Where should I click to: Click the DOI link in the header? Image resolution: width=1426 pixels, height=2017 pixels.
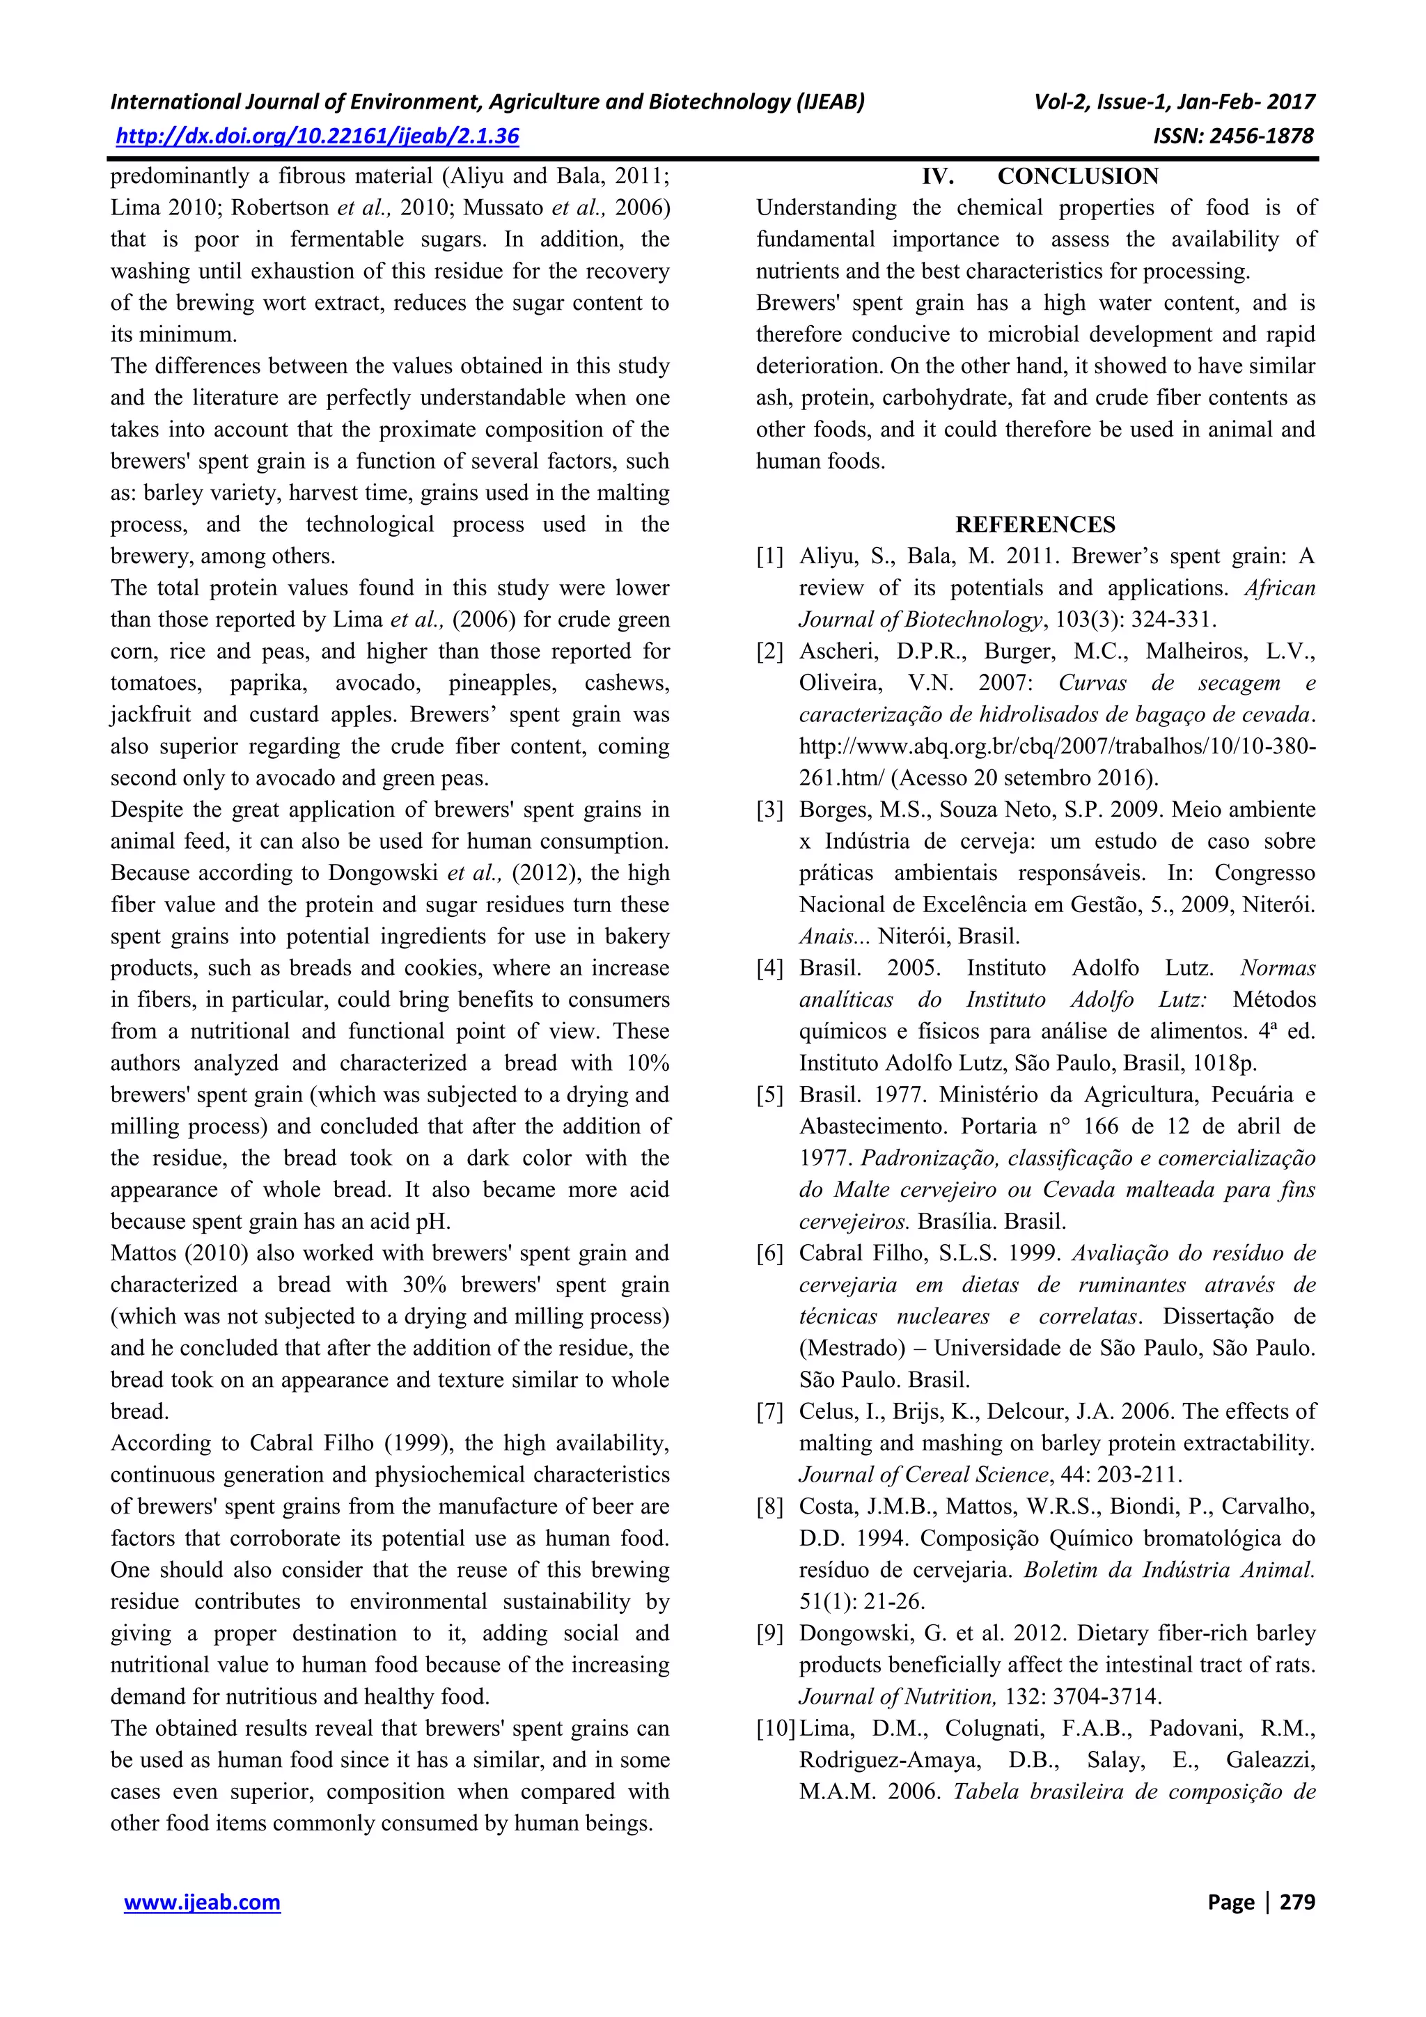click(x=318, y=136)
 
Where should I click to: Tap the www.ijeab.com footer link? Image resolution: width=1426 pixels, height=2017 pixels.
click(x=202, y=1902)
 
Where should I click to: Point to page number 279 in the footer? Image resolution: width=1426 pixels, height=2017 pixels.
click(x=1297, y=1902)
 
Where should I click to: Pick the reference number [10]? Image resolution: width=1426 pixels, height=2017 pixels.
click(x=775, y=1728)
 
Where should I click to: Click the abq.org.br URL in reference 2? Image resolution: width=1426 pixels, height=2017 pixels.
click(x=1057, y=746)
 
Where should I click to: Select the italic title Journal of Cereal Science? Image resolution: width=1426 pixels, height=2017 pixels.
click(x=923, y=1475)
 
